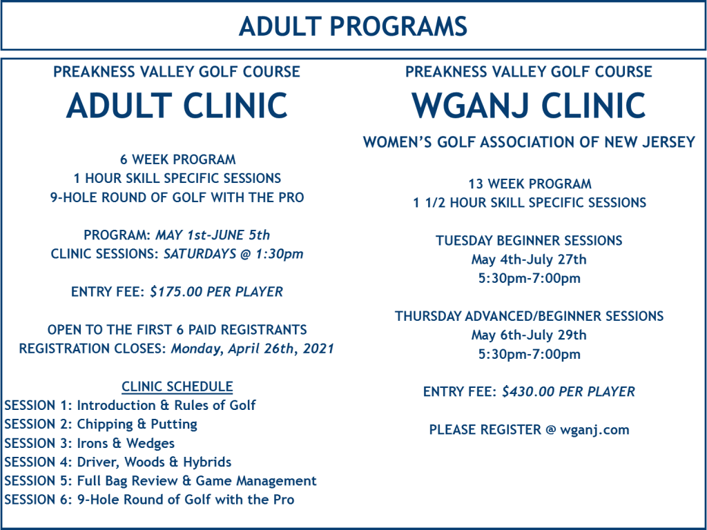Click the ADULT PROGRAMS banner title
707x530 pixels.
(x=353, y=26)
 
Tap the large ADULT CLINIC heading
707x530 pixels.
(x=177, y=106)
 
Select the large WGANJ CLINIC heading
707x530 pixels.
(x=528, y=106)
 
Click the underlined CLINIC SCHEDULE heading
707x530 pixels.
(x=177, y=386)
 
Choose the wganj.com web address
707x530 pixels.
(x=594, y=430)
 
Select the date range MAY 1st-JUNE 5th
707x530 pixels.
(x=213, y=235)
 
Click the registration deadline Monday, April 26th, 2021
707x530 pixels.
(x=253, y=349)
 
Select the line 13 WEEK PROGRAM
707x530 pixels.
(x=530, y=184)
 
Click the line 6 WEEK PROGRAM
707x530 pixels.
(x=177, y=159)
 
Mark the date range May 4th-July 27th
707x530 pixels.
(x=529, y=259)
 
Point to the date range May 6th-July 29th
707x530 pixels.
(x=529, y=335)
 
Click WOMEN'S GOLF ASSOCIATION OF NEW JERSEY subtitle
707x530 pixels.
(x=529, y=142)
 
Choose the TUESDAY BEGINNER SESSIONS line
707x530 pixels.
(x=529, y=241)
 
